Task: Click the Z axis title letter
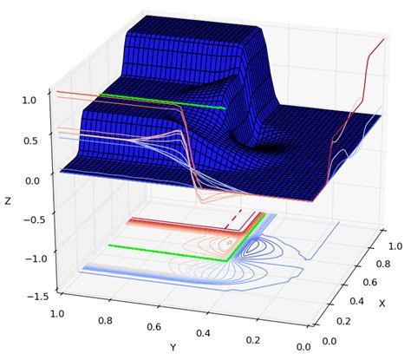point(8,201)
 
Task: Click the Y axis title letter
point(173,348)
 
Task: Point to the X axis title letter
point(382,304)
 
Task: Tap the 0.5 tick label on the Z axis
point(29,141)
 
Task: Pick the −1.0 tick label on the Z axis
point(36,259)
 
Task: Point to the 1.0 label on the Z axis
point(29,101)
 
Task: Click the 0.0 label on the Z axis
point(32,181)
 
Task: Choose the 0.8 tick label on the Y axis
point(105,321)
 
